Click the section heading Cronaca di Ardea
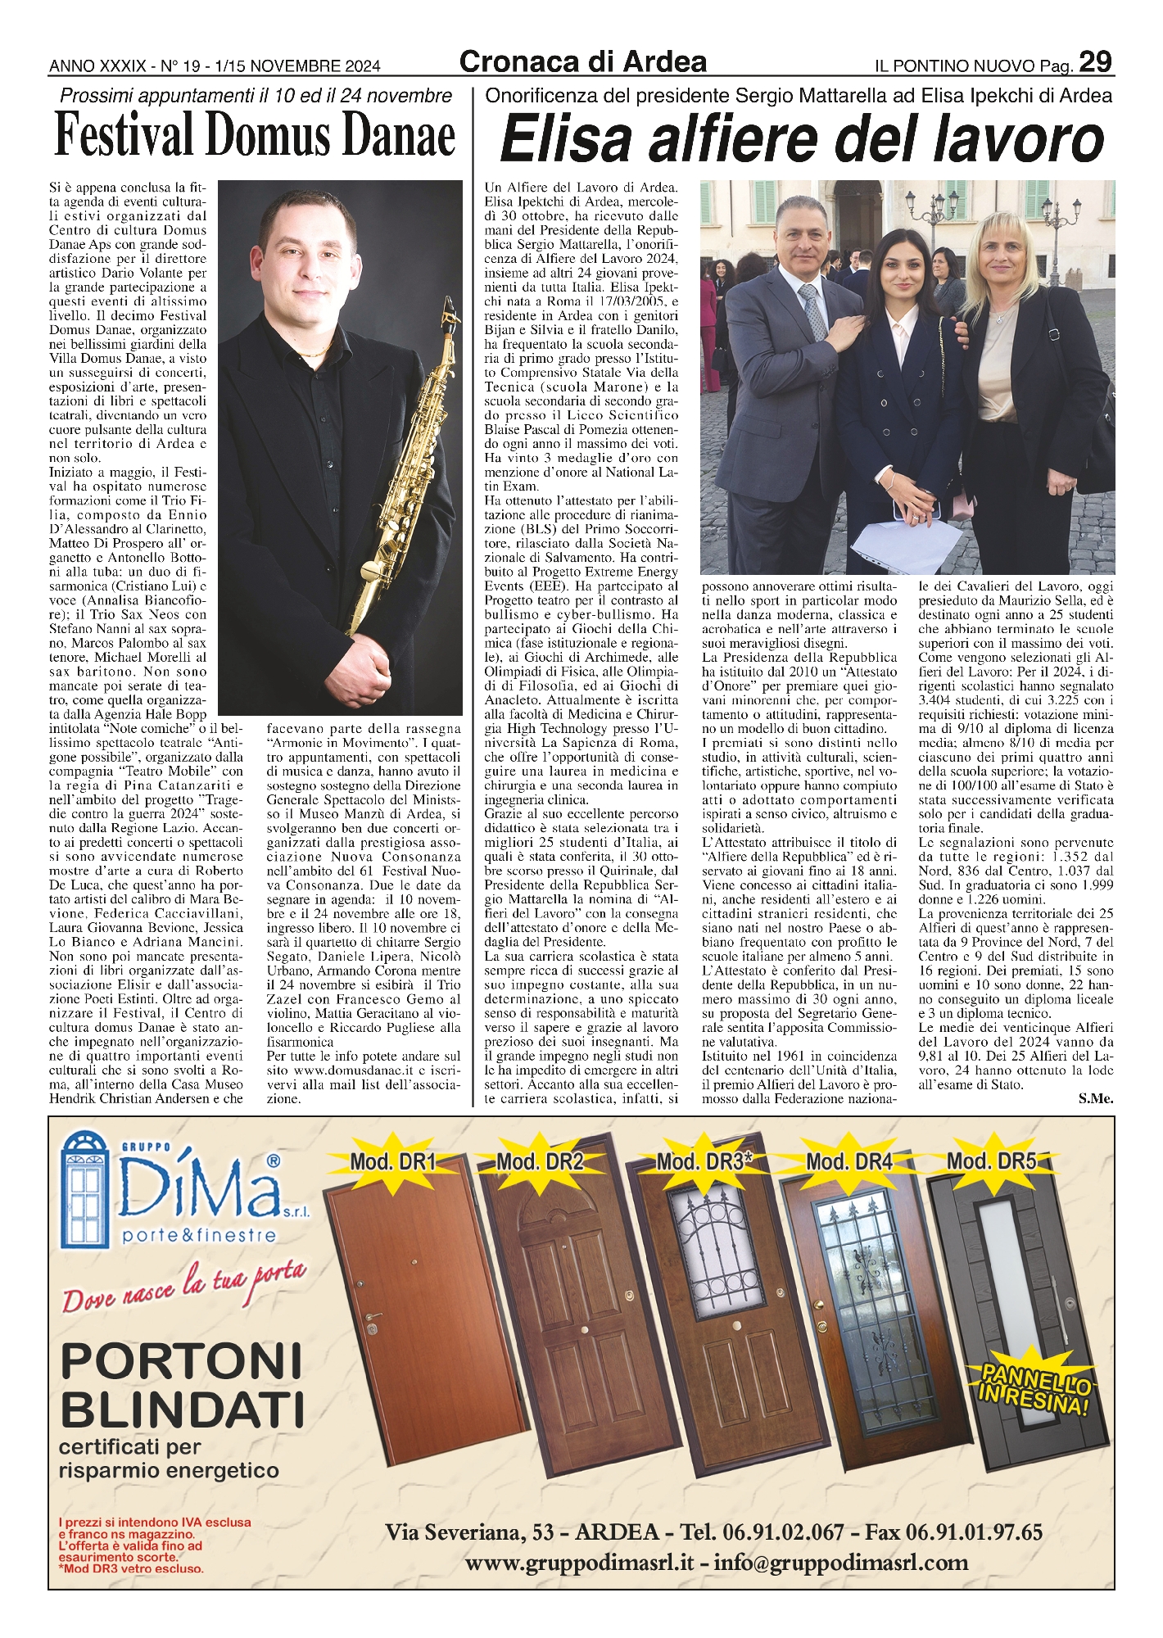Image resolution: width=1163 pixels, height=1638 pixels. click(582, 61)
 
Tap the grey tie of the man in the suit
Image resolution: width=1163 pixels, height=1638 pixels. click(812, 311)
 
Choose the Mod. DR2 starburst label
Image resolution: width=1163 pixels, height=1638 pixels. click(540, 1161)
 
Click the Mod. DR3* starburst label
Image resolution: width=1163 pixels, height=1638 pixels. click(704, 1161)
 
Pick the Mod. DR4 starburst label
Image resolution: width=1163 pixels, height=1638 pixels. click(848, 1161)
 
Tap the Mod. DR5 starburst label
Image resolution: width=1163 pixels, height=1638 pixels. click(991, 1161)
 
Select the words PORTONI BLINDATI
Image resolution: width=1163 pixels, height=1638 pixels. click(182, 1386)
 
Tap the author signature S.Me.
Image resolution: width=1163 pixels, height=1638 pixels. click(1096, 1099)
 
